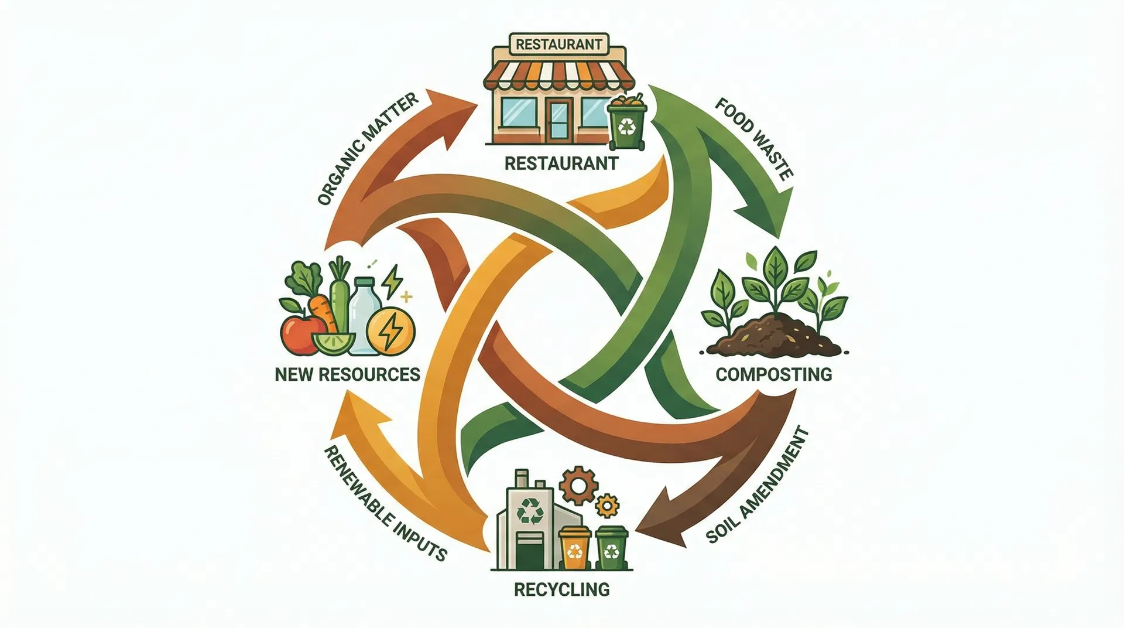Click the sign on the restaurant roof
point(559,44)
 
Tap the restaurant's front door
point(560,119)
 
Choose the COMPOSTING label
point(773,374)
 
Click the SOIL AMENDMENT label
point(758,486)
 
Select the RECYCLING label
point(561,589)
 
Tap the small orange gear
point(606,506)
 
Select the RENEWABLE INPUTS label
point(385,503)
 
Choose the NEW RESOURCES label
point(348,374)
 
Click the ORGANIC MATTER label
point(368,149)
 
